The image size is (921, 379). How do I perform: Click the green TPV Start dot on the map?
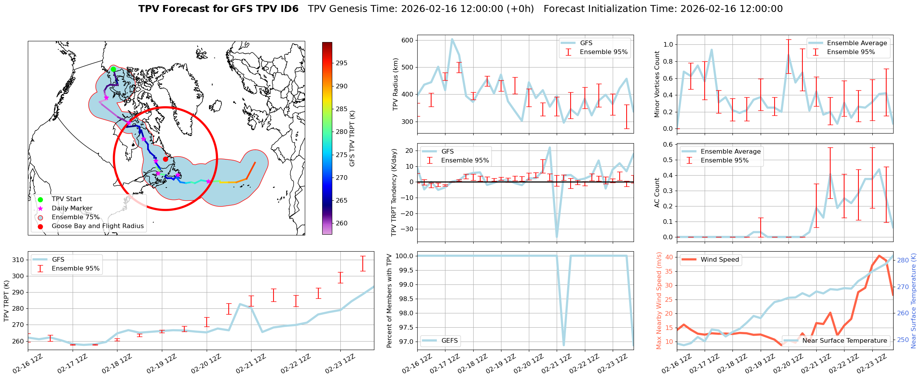pyautogui.click(x=113, y=69)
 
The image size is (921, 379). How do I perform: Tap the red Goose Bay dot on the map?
pyautogui.click(x=165, y=159)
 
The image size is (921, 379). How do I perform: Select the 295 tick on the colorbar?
pyautogui.click(x=342, y=63)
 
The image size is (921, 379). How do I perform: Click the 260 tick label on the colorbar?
pyautogui.click(x=342, y=223)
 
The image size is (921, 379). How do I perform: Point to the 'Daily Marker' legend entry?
pyautogui.click(x=72, y=208)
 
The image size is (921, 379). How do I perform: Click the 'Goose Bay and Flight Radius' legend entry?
pyautogui.click(x=97, y=226)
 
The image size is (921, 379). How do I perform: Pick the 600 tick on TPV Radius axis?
pyautogui.click(x=408, y=41)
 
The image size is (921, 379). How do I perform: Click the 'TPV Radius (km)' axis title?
pyautogui.click(x=395, y=84)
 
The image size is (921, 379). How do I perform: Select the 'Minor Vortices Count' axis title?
pyautogui.click(x=657, y=84)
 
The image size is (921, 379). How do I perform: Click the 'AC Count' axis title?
pyautogui.click(x=657, y=193)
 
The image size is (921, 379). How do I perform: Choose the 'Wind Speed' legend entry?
pyautogui.click(x=719, y=260)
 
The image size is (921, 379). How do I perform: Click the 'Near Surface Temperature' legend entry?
pyautogui.click(x=844, y=341)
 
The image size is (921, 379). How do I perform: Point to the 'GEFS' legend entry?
pyautogui.click(x=449, y=341)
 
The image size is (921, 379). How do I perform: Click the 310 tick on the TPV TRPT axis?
pyautogui.click(x=18, y=260)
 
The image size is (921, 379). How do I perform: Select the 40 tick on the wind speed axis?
pyautogui.click(x=669, y=257)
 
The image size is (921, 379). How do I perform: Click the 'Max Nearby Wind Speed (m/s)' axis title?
pyautogui.click(x=659, y=301)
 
